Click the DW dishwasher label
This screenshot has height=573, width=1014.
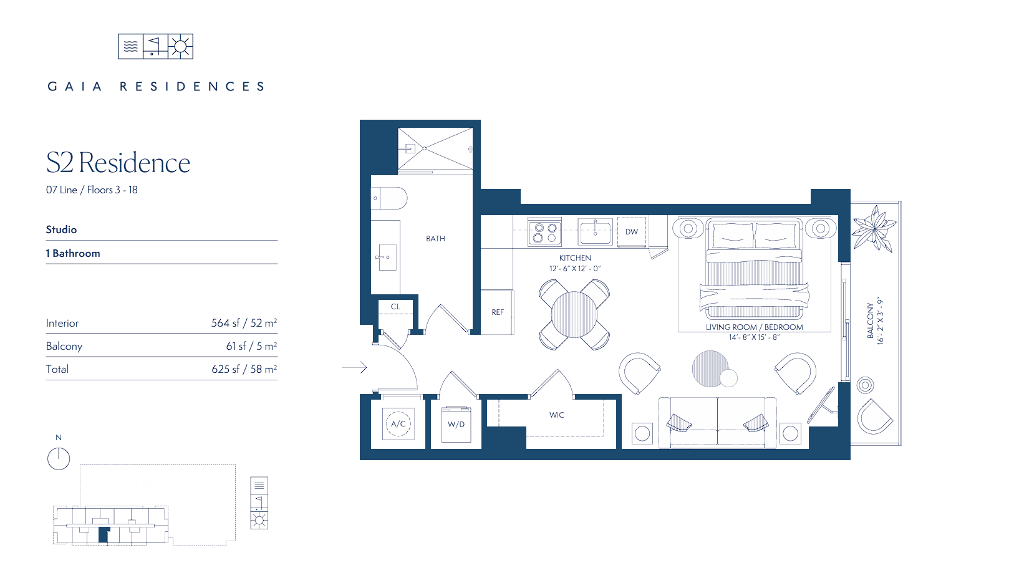[632, 232]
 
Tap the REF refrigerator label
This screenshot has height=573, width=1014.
[498, 312]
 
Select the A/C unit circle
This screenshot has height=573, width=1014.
[398, 423]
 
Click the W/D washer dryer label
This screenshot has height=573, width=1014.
[456, 425]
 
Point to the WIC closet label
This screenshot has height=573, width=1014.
[557, 415]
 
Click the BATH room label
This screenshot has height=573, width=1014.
[435, 239]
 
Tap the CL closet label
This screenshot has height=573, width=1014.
[395, 306]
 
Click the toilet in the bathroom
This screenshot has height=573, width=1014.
[389, 198]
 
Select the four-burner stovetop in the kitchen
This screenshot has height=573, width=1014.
[545, 232]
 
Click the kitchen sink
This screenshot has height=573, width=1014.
[596, 231]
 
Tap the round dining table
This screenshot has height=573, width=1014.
[574, 315]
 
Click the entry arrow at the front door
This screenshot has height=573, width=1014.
[354, 367]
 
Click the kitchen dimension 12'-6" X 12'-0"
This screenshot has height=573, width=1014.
[575, 268]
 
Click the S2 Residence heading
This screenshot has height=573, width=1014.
[118, 163]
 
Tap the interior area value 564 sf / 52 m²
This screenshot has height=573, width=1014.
[244, 323]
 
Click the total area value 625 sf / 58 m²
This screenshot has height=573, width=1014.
[244, 369]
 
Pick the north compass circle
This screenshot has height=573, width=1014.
[59, 459]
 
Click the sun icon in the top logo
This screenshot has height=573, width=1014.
[180, 47]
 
